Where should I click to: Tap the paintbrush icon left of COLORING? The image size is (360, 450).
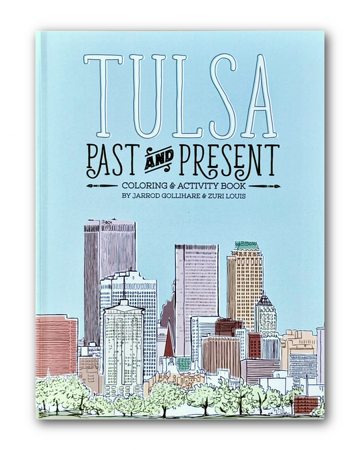coord(100,186)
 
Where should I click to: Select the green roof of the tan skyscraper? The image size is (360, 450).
coord(245,246)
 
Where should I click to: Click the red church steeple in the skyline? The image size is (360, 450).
coord(169,342)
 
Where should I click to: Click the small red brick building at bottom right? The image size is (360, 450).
coord(305,404)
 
